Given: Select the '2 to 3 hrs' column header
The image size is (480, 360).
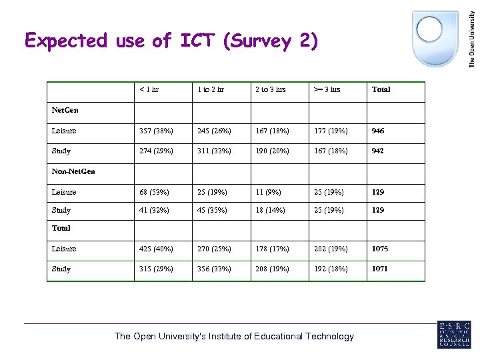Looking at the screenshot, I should [270, 89].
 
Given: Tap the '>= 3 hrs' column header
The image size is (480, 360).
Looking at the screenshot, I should [327, 89].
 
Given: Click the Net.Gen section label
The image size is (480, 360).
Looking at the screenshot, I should [64, 110].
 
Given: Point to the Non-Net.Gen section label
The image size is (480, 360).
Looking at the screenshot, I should [73, 171].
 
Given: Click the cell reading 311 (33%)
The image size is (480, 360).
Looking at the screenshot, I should [214, 151].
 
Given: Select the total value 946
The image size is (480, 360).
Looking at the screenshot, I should [378, 131].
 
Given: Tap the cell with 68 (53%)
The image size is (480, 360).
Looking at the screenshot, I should [153, 192].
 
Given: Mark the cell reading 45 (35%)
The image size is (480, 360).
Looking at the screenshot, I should [212, 210].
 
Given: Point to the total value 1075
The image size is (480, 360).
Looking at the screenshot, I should [379, 249].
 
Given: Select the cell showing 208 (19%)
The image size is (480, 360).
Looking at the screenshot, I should [271, 269].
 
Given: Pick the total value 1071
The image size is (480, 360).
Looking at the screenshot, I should [379, 269].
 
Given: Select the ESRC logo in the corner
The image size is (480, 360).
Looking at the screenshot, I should [454, 334].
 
